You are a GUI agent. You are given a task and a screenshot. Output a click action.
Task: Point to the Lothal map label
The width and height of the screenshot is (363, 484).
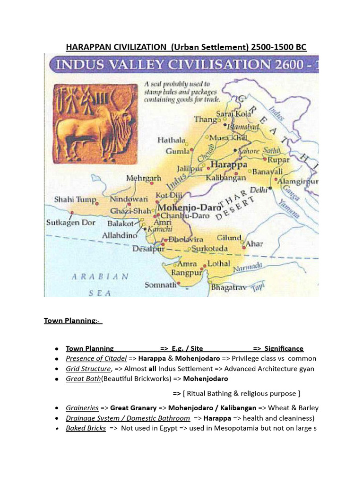point(218,263)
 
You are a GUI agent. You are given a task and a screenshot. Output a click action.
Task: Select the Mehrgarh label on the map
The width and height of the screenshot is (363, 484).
point(144,179)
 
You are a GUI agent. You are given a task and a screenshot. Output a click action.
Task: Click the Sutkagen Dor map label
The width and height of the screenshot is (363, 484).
point(70,222)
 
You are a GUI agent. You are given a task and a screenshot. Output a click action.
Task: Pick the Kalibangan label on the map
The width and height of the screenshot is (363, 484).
point(226,178)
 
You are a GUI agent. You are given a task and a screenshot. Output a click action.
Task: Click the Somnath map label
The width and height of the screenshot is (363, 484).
point(160,285)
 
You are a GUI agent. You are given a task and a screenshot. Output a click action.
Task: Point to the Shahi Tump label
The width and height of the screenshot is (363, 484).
point(75,199)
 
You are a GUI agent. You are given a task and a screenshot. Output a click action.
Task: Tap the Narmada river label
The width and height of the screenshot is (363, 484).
point(248,268)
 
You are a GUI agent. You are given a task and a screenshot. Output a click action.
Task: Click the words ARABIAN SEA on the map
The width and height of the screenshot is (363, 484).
point(100,284)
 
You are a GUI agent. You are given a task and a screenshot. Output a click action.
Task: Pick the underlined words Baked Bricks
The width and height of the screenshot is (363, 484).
point(86,429)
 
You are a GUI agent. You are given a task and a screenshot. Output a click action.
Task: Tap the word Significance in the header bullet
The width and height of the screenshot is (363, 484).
point(284,348)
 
